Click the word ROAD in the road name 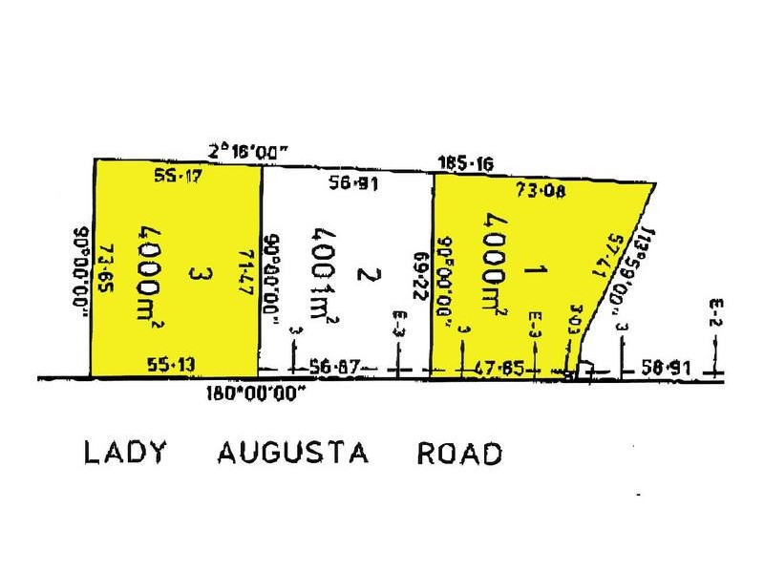click(x=459, y=453)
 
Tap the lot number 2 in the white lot click(x=363, y=275)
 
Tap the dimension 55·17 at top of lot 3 click(x=178, y=175)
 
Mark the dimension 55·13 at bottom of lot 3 click(x=172, y=364)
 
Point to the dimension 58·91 click(x=667, y=368)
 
